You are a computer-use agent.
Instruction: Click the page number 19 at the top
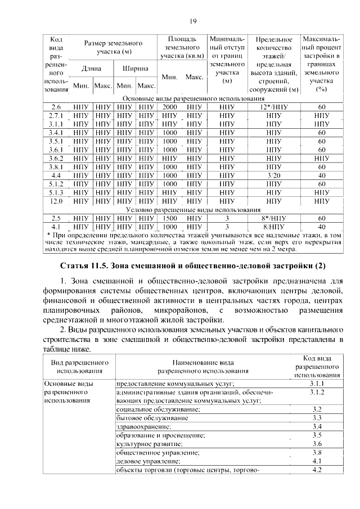[x=193, y=21]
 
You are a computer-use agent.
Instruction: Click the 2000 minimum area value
[x=170, y=107]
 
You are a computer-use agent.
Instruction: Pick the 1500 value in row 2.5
[x=170, y=218]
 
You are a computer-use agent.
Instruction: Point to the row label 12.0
[x=56, y=201]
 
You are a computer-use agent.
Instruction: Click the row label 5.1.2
[x=56, y=183]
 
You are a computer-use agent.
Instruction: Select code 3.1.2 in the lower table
[x=316, y=392]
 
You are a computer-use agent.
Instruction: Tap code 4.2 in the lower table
[x=316, y=469]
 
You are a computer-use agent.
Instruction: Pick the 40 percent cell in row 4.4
[x=322, y=175]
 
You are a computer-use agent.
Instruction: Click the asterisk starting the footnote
[x=49, y=234]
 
